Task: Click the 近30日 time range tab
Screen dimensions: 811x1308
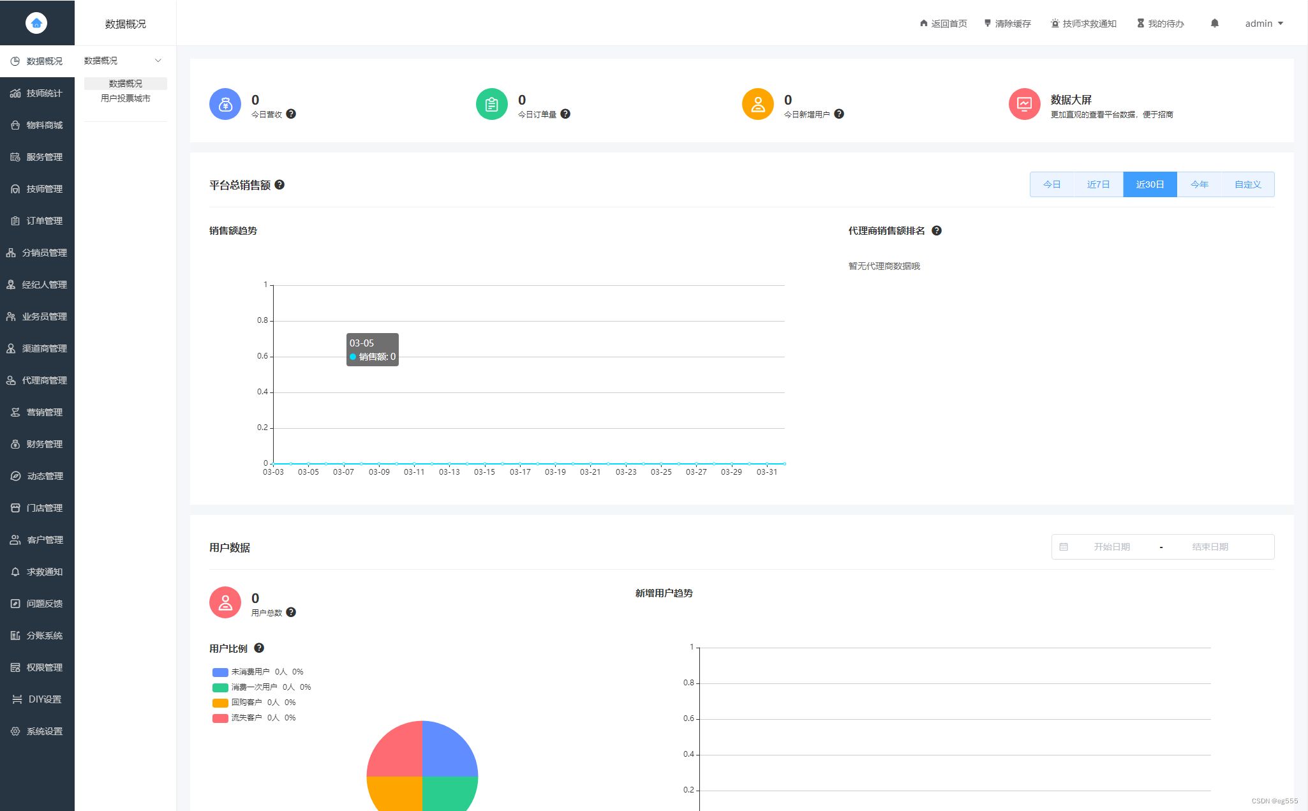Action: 1150,184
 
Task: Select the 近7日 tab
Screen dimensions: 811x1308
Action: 1098,184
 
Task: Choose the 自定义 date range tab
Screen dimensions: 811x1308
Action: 1247,184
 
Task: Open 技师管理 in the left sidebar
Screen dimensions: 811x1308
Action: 37,189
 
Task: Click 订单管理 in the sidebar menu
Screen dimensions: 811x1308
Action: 37,221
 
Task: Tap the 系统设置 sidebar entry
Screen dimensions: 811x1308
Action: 37,731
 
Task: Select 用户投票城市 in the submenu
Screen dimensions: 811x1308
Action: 126,98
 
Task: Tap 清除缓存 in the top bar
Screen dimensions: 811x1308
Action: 1007,24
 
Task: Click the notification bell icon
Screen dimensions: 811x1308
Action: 1214,24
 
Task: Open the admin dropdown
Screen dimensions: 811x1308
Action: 1263,24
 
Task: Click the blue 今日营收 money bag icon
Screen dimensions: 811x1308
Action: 225,104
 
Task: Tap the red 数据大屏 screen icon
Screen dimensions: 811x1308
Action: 1024,104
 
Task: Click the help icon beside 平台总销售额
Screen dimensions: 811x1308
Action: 279,184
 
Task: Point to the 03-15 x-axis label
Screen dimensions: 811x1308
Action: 484,472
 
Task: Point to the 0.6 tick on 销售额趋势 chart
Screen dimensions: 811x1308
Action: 262,356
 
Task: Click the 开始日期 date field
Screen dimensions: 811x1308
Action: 1111,547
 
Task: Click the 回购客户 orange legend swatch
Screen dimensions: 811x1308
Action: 220,703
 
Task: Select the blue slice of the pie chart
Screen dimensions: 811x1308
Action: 450,750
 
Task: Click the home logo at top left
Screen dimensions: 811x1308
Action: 36,23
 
